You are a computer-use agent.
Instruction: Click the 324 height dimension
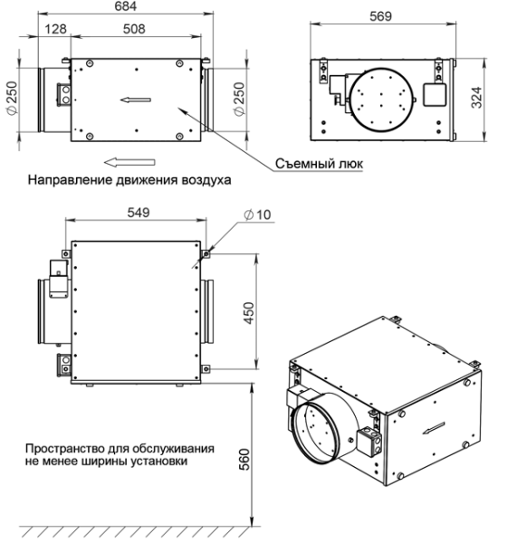490,101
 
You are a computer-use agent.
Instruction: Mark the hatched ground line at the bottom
136,529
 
